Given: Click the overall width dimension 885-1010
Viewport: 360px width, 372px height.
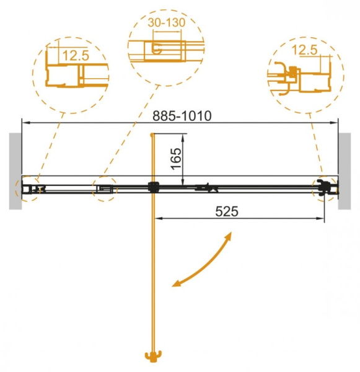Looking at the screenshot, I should pyautogui.click(x=182, y=115).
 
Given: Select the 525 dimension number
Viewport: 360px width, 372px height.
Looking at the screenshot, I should pyautogui.click(x=227, y=211).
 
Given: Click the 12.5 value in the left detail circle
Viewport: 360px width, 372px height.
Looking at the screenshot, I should pyautogui.click(x=75, y=55).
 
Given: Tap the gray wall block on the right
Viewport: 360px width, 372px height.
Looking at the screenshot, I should pyautogui.click(x=347, y=170).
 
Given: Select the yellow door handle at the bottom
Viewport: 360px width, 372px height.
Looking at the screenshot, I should pyautogui.click(x=152, y=356).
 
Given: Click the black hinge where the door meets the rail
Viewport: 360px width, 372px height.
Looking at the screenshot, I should pyautogui.click(x=152, y=186).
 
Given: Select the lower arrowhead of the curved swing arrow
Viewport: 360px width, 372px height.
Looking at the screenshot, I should pyautogui.click(x=177, y=285).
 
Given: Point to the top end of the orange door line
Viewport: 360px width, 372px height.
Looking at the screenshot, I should pyautogui.click(x=152, y=135).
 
